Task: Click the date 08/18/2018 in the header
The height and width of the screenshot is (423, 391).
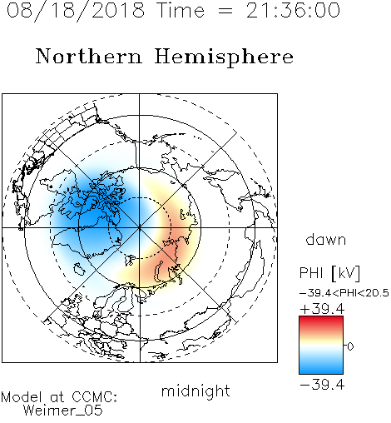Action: pos(76,10)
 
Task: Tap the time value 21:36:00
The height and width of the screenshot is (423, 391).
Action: pos(293,10)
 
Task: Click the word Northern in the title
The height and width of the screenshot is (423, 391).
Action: pos(89,56)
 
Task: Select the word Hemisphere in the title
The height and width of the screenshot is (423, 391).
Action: pos(224,57)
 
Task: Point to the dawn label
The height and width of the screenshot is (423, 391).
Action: pos(326,239)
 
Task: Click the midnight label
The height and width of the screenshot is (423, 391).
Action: pos(195,391)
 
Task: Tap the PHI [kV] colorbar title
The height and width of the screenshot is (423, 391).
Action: pos(329,272)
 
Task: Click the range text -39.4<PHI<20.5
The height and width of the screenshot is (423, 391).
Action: pos(344,293)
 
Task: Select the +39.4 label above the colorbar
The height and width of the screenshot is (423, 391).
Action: pos(322,309)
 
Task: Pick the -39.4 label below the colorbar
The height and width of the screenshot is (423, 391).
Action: pos(322,385)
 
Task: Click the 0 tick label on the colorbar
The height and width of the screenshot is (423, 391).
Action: pos(350,346)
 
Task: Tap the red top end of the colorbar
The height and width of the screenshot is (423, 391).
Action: pos(321,318)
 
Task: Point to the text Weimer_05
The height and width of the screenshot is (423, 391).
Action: pos(63,411)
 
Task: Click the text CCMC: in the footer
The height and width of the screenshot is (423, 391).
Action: pos(94,396)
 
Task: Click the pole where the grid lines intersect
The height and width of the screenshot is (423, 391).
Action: pos(140,227)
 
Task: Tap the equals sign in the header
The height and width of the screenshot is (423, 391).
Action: pos(225,11)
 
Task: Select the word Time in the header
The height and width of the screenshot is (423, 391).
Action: pos(181,10)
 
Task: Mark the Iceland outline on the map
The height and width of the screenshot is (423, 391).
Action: pos(79,269)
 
